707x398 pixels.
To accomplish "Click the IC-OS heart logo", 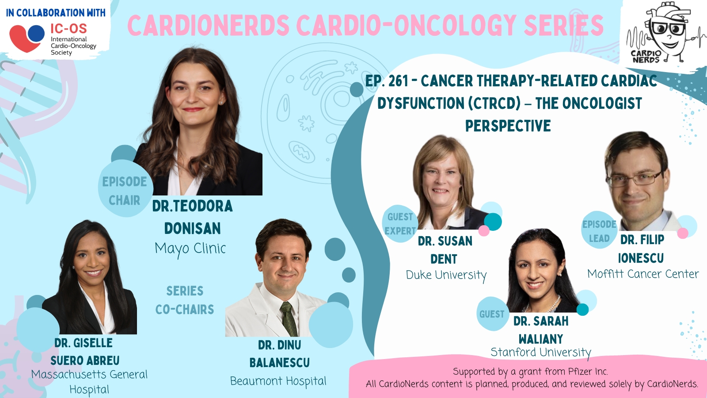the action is (27, 38).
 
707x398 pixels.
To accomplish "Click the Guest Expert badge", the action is (400, 224).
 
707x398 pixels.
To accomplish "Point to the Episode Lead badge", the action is (599, 230).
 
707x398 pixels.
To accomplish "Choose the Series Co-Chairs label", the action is (185, 300).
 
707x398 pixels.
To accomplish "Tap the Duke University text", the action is (446, 275).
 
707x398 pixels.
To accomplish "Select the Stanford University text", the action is (541, 352).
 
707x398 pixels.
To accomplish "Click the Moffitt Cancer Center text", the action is (643, 274).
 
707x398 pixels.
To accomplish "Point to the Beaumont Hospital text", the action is (278, 381).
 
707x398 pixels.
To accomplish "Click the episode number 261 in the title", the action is (398, 81).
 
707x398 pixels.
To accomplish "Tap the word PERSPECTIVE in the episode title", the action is (508, 126).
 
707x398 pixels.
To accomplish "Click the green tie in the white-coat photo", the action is (289, 319).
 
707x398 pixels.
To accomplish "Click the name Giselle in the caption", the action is (93, 343).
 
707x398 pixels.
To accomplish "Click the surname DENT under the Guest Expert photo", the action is (444, 259).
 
